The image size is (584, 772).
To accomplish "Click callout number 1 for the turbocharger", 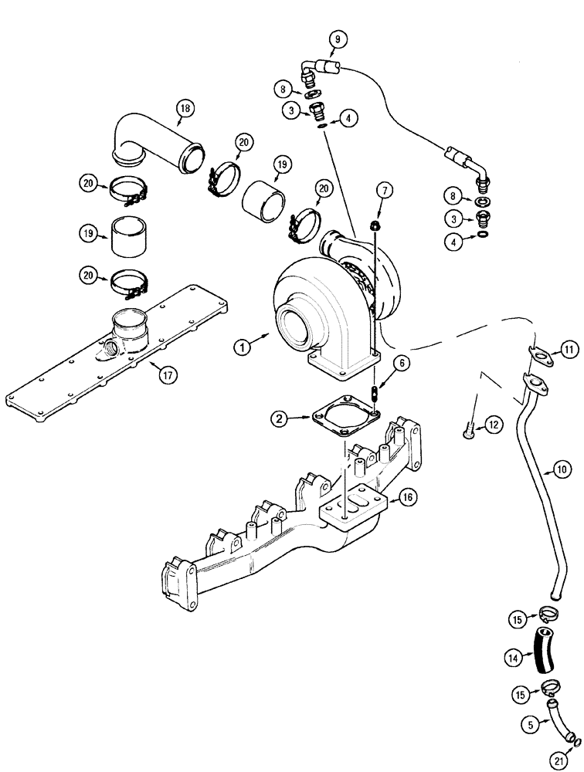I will pyautogui.click(x=244, y=348).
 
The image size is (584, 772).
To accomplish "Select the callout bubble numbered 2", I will pyautogui.click(x=280, y=419).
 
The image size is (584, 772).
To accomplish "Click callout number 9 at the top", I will pyautogui.click(x=338, y=39).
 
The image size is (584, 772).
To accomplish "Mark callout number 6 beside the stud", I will pyautogui.click(x=405, y=361).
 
